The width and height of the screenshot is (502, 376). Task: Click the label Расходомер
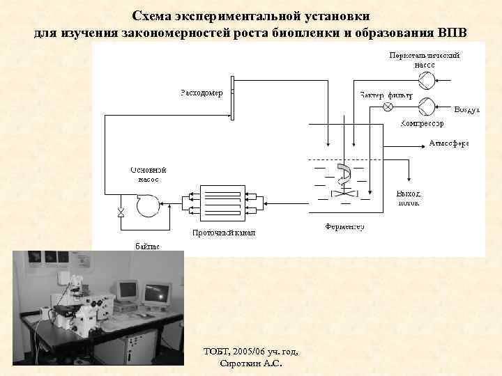click(201, 93)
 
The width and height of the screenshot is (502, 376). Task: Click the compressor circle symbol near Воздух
click(426, 106)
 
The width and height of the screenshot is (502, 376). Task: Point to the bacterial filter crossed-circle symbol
click(389, 107)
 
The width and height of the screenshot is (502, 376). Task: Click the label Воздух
click(467, 111)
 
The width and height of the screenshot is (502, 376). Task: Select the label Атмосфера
click(448, 144)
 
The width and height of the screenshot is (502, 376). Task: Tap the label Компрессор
click(423, 123)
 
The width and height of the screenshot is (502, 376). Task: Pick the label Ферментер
click(344, 227)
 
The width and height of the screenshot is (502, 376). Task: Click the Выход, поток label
click(408, 198)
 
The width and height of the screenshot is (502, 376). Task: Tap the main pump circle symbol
click(148, 205)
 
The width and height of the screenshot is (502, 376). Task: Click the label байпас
click(146, 246)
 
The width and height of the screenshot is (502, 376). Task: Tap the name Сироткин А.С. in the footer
click(250, 363)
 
